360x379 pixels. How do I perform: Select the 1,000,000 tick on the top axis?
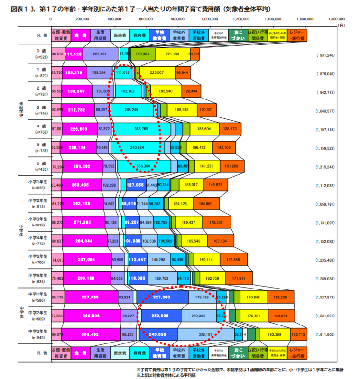pos(210,19)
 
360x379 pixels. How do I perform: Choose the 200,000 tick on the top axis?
pos(83,19)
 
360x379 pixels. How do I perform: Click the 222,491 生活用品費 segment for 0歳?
pos(100,54)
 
